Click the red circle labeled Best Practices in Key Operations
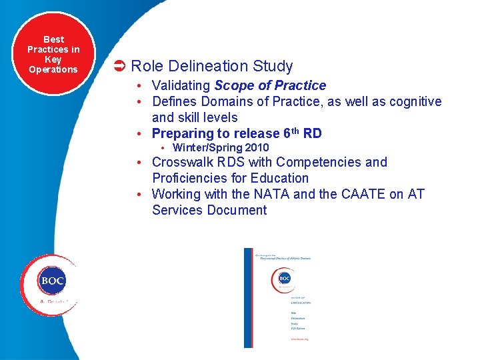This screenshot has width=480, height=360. tap(53, 53)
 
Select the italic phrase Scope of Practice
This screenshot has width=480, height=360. tap(270, 85)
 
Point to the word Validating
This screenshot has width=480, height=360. tap(181, 85)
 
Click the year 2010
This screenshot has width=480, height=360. tap(256, 147)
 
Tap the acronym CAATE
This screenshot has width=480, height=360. tap(361, 194)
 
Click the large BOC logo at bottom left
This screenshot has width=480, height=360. tap(52, 281)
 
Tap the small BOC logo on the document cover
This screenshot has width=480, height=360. tap(284, 279)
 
